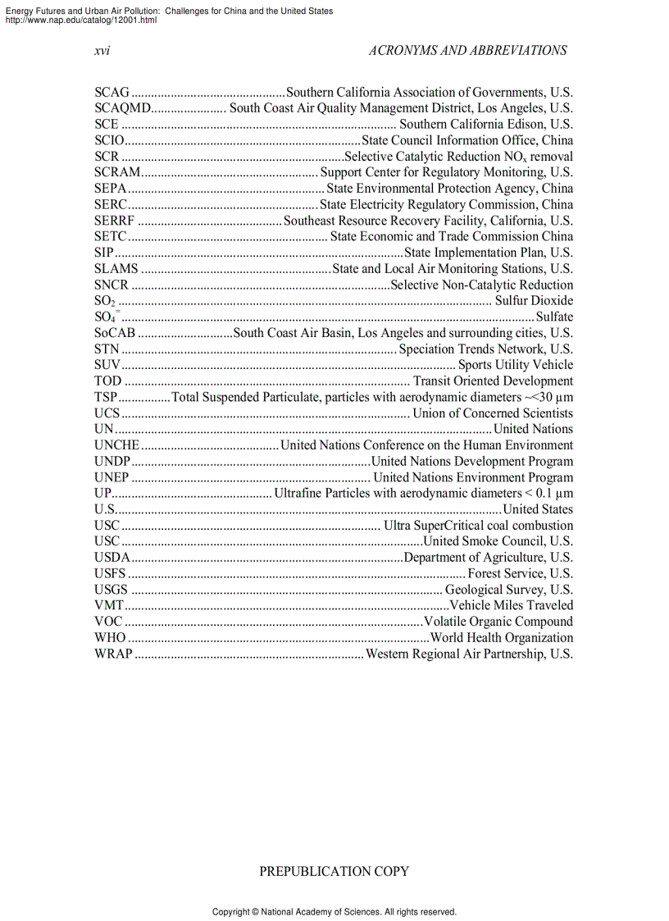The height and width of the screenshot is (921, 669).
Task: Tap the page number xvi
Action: coord(102,50)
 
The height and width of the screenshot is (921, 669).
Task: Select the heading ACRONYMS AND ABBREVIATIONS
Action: coord(467,50)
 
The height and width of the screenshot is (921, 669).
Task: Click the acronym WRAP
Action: coord(113,654)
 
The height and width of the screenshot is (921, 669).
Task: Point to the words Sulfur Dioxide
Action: coord(534,301)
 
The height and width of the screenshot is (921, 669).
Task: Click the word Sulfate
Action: coord(554,317)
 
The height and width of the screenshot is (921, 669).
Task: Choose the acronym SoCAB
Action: coord(115,333)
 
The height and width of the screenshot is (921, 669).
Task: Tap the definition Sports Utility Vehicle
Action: coord(515,365)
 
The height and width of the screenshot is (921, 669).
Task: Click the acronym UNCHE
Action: coord(117,445)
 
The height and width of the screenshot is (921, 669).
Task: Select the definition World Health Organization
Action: coord(502,638)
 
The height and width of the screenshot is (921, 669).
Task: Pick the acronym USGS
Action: coord(111,590)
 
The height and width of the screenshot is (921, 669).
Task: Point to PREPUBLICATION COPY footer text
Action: coord(334,872)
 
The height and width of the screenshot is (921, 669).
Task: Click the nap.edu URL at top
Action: coord(81,20)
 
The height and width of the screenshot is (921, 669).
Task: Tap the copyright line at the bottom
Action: coord(334,912)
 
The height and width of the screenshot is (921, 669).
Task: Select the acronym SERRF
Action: coord(114,221)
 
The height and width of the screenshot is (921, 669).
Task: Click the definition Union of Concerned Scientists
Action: coord(493,413)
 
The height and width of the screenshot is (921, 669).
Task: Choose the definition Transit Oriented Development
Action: coord(493,381)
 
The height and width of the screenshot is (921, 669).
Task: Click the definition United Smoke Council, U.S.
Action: coord(498,541)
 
